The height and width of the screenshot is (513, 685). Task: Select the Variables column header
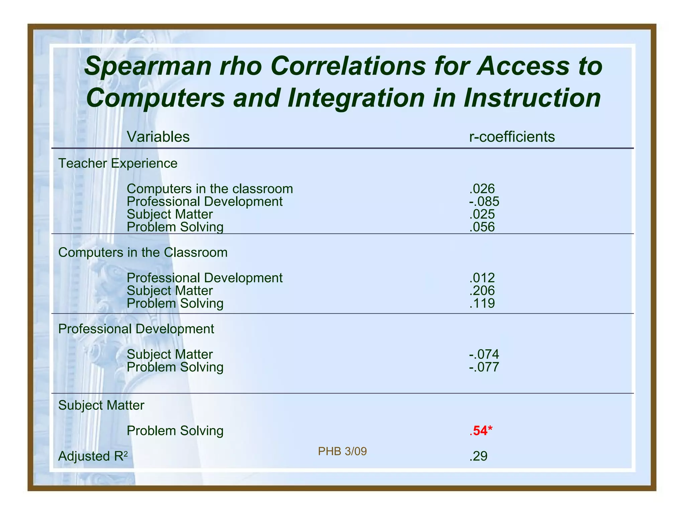(x=158, y=137)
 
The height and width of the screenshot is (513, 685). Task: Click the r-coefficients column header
(x=512, y=137)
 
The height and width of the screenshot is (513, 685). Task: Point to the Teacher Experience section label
(x=118, y=163)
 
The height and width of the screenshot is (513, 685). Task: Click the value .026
(x=482, y=189)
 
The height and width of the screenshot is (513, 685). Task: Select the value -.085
(x=484, y=201)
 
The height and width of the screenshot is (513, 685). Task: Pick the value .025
(x=482, y=214)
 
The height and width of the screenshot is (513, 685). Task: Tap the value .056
(x=482, y=227)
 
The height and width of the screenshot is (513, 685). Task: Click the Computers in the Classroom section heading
(x=143, y=252)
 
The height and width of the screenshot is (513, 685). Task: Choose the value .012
(x=482, y=278)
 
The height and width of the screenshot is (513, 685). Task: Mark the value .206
(x=482, y=291)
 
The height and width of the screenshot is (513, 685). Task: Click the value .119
(x=482, y=303)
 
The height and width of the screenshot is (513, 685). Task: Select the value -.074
(x=484, y=354)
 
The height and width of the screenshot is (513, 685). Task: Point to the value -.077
(x=484, y=367)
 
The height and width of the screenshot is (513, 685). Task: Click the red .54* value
(x=481, y=431)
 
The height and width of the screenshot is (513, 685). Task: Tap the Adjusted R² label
(x=93, y=456)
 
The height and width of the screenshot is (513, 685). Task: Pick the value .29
(x=478, y=456)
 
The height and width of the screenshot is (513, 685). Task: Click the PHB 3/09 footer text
(x=342, y=452)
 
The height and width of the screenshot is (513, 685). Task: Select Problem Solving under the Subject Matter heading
(x=175, y=431)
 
